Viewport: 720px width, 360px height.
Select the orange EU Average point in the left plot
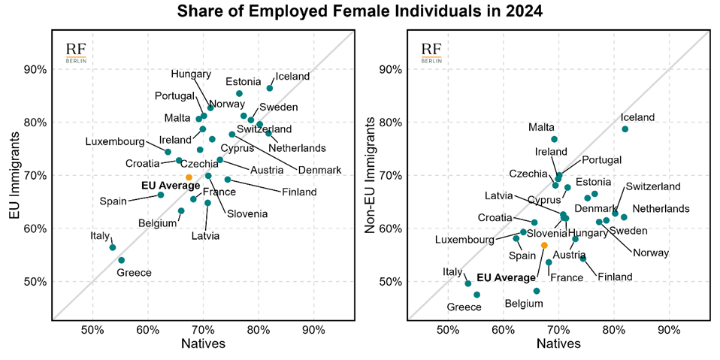click(189, 177)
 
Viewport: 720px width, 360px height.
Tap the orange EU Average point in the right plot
click(544, 246)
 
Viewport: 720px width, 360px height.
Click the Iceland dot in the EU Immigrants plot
click(270, 88)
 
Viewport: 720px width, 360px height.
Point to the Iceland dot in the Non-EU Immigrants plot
click(625, 129)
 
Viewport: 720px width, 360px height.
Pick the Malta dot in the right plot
click(554, 139)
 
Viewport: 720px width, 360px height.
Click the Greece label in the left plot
click(134, 272)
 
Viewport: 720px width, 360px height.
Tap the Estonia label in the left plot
click(244, 81)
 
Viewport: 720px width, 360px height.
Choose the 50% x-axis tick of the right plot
click(448, 329)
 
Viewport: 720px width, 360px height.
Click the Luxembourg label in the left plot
click(115, 142)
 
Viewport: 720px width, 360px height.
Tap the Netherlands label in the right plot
click(661, 208)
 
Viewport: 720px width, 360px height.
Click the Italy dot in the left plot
click(113, 247)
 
